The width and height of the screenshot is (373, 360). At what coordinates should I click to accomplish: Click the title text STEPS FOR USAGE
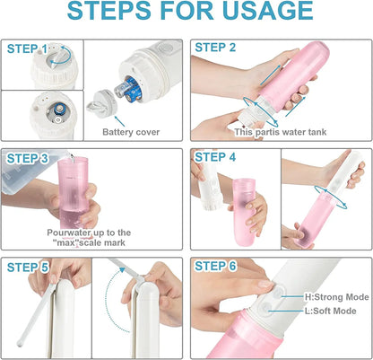coord(187,13)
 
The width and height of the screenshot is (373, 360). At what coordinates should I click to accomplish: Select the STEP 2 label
coord(215,47)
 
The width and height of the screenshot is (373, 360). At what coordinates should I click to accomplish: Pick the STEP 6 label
coord(215,266)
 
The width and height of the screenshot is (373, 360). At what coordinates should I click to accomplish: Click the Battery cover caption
coord(130,131)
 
